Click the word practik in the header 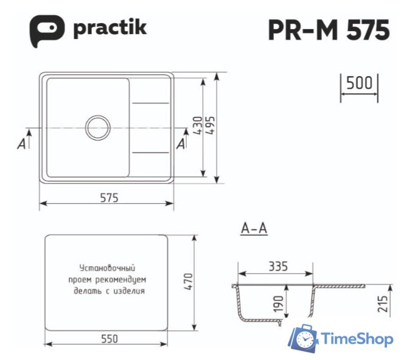[x=110, y=28]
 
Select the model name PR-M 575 [x=329, y=29]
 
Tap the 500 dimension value [x=358, y=83]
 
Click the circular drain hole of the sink [x=98, y=128]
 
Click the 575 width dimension [x=107, y=198]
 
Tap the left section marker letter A [x=22, y=144]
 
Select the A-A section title [x=254, y=229]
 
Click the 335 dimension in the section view [x=277, y=266]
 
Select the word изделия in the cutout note [x=131, y=291]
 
